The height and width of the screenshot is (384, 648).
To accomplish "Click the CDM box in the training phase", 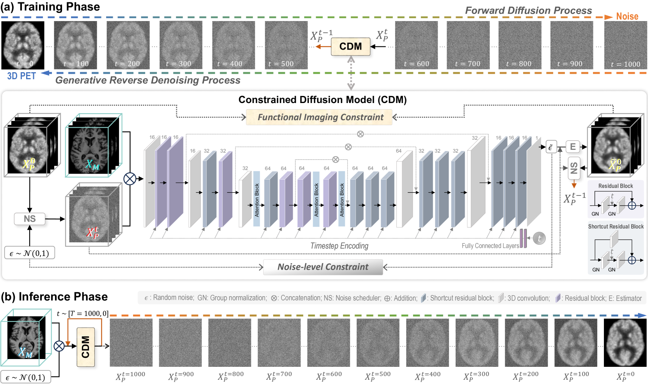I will click(350, 46).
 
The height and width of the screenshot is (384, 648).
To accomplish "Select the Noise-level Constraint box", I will click(323, 267).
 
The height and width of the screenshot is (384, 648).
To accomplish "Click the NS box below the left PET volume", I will click(30, 219).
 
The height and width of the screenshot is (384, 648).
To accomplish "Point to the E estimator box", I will click(573, 147).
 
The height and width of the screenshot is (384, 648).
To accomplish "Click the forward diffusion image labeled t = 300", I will click(181, 45).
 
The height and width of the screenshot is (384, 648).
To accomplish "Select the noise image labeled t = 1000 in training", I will click(625, 45).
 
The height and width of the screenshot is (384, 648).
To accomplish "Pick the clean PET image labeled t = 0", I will click(23, 45).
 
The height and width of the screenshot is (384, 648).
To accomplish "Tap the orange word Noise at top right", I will click(627, 16).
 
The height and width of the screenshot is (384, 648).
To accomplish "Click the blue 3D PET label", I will click(21, 76).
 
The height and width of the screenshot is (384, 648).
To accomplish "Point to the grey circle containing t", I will click(539, 238).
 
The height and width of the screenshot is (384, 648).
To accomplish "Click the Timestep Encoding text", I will click(339, 246).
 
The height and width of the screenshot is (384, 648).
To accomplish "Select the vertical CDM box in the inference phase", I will click(85, 347).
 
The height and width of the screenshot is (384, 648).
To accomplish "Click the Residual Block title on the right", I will click(616, 186).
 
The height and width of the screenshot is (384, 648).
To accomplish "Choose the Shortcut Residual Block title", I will click(616, 226).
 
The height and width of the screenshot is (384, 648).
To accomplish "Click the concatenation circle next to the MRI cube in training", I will click(130, 179).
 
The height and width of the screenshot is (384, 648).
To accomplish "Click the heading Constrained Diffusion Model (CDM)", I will click(322, 100).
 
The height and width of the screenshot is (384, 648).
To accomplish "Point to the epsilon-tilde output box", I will click(551, 147).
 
